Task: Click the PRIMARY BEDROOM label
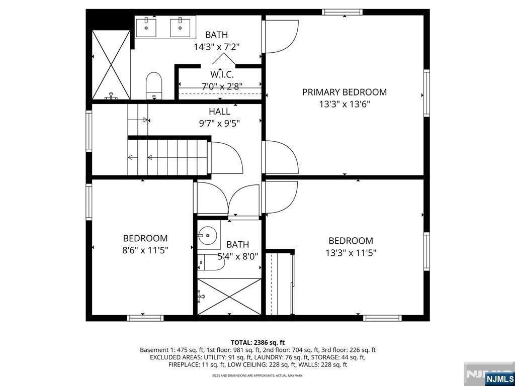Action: (x=344, y=92)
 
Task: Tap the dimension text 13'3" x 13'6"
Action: (x=344, y=105)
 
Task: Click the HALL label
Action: (x=220, y=112)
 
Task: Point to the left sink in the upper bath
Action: (x=146, y=27)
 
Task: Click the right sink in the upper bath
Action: (x=182, y=27)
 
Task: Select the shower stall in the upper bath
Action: (x=111, y=64)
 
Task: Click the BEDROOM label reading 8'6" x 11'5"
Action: (x=145, y=238)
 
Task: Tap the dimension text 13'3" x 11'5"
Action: (x=351, y=253)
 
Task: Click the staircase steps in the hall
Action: (x=168, y=157)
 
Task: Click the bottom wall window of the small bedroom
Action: (x=145, y=318)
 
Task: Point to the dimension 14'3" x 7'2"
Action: (x=216, y=47)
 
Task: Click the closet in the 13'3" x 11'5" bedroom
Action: (x=280, y=284)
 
